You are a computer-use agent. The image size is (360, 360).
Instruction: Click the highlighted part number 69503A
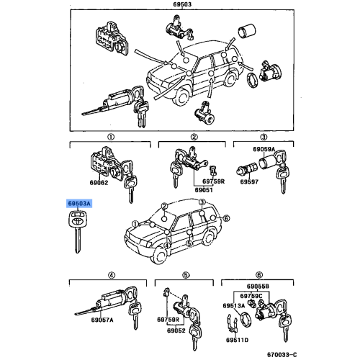(79, 204)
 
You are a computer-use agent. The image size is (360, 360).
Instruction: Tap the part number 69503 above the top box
(182, 4)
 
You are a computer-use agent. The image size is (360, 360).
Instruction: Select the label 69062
(99, 183)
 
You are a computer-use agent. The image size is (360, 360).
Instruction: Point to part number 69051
(204, 190)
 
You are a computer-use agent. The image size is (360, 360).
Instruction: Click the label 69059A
(264, 149)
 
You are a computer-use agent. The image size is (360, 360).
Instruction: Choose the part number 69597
(249, 181)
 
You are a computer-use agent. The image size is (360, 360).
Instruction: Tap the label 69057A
(102, 320)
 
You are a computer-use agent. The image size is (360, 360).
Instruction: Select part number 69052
(176, 330)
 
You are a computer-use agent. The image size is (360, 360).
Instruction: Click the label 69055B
(258, 287)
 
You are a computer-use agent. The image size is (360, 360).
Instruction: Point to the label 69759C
(251, 296)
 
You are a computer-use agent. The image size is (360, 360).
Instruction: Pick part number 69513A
(234, 305)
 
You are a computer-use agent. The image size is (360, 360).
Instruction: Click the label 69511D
(237, 340)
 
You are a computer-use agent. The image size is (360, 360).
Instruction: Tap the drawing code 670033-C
(282, 354)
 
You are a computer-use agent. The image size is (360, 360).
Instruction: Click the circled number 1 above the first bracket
(111, 137)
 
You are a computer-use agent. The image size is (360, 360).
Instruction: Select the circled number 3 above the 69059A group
(264, 137)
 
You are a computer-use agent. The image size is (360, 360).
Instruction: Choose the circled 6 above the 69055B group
(259, 275)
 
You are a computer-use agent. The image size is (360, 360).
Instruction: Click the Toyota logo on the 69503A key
(78, 221)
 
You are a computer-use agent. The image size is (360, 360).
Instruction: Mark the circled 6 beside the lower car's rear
(226, 218)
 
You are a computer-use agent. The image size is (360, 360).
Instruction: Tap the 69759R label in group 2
(213, 181)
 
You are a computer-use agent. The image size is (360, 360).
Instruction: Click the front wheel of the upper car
(183, 96)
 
